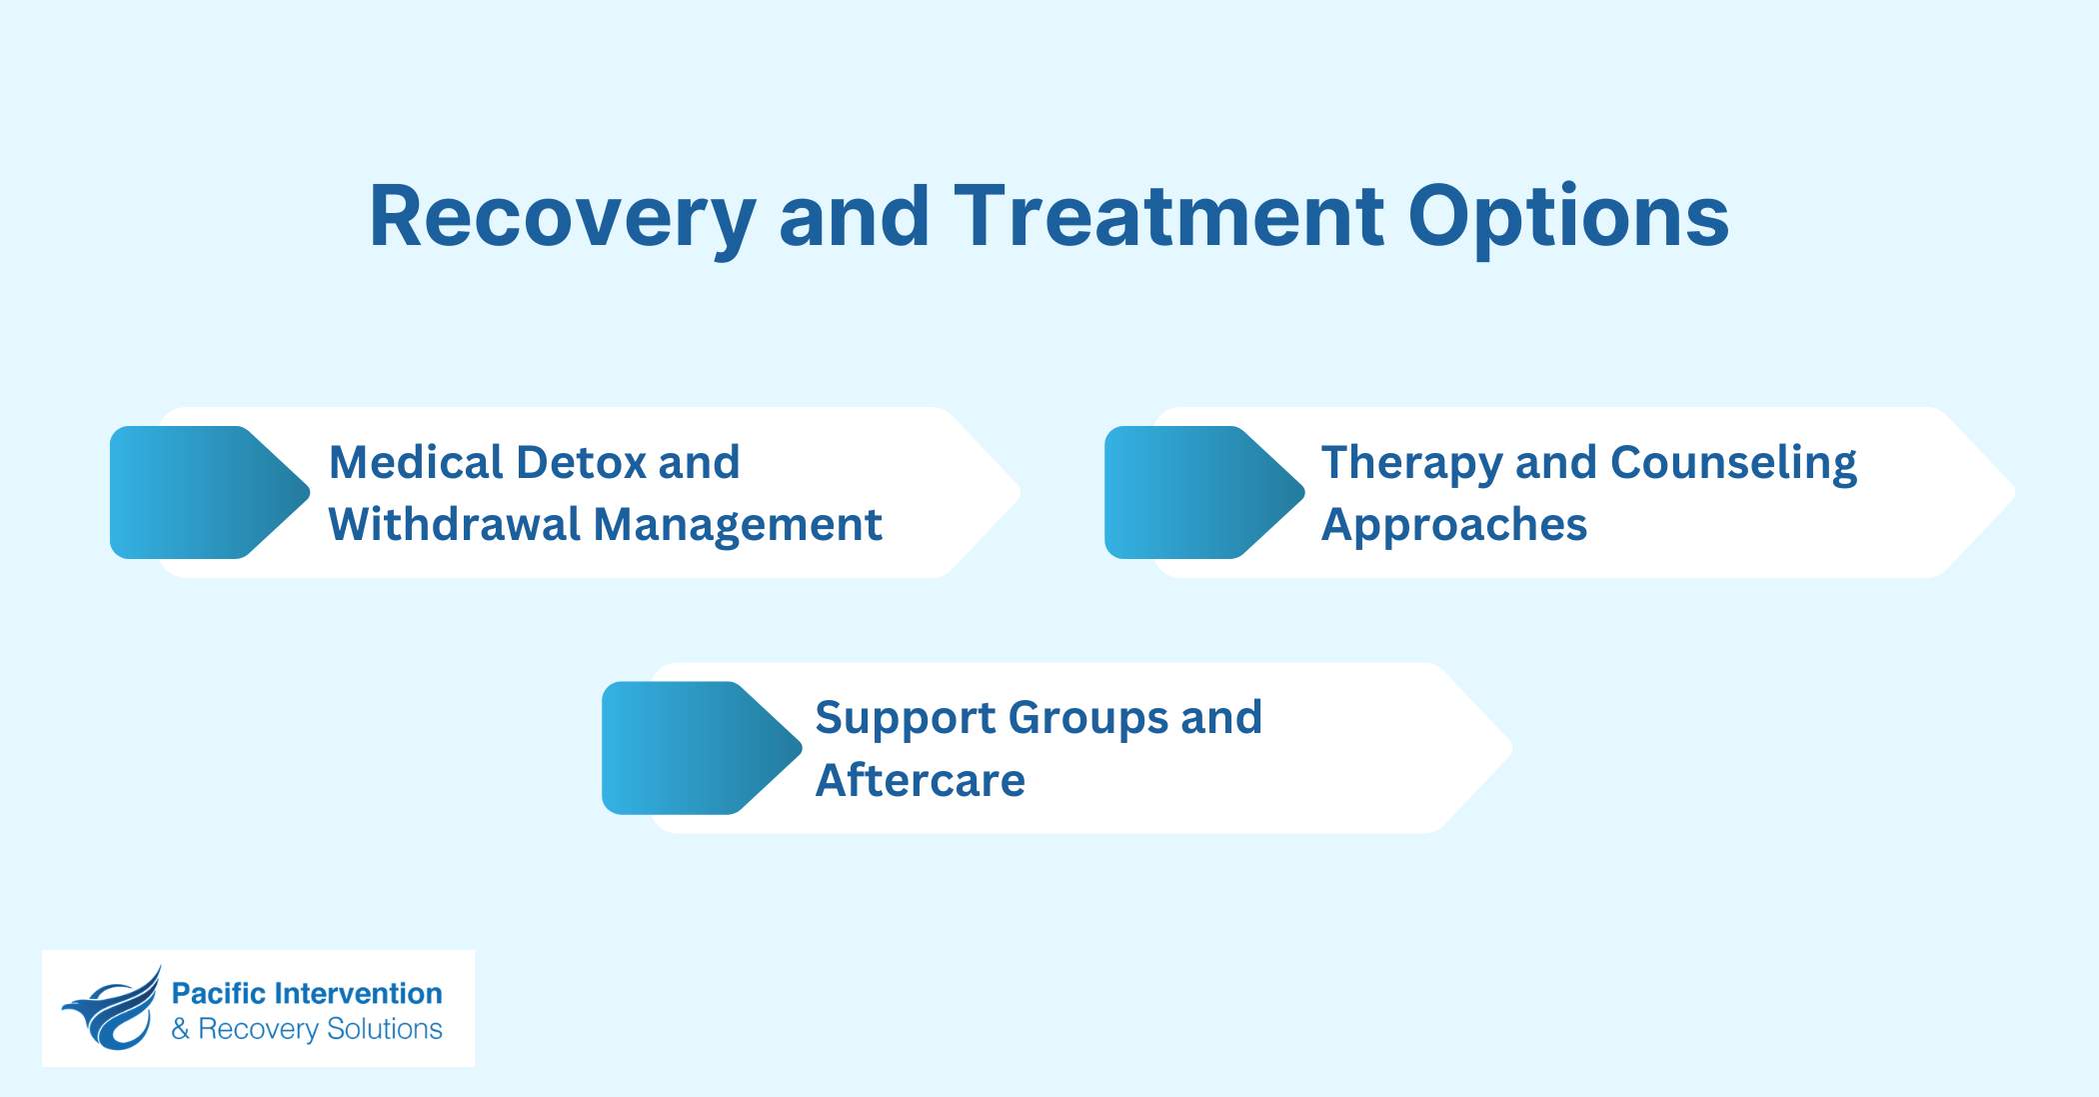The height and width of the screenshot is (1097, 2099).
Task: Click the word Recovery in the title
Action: click(562, 217)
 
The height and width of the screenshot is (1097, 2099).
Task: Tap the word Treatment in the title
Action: click(1168, 217)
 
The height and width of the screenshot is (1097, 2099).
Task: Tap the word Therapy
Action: click(1410, 464)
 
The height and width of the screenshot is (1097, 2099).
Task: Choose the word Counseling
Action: click(1733, 464)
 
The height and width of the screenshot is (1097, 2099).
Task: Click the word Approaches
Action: click(1453, 526)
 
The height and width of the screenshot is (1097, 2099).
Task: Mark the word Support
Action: click(905, 719)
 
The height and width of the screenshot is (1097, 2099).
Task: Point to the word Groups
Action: click(1086, 719)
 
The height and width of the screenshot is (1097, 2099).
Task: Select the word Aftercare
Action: click(920, 781)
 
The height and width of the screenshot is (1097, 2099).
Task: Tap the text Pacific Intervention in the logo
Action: click(307, 993)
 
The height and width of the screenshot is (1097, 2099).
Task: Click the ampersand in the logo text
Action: click(180, 1029)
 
